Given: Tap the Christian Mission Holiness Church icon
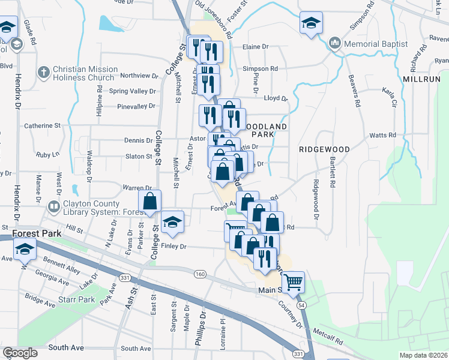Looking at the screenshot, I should (x=43, y=73).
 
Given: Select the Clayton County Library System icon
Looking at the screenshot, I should (x=54, y=207).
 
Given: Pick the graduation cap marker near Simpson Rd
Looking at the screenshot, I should (x=310, y=23).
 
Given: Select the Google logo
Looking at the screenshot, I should (x=20, y=353).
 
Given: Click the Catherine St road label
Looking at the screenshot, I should (x=42, y=126).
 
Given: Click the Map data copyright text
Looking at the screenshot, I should (x=424, y=355).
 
